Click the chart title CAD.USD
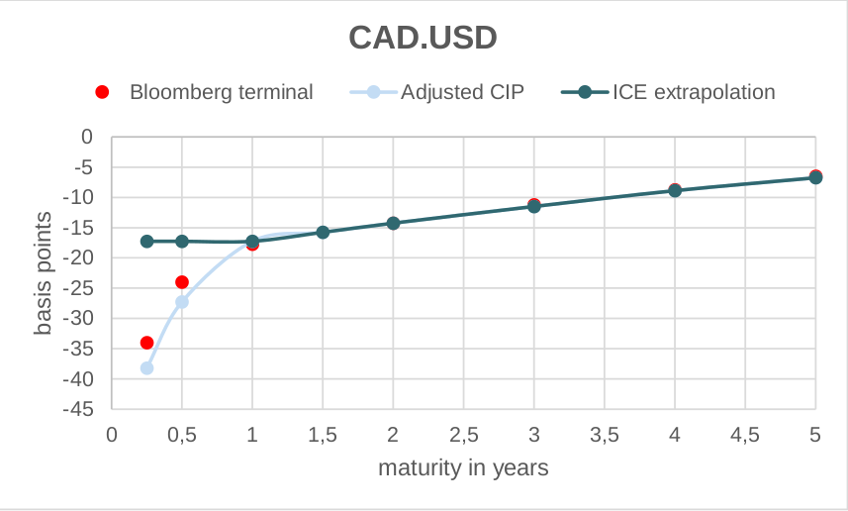423,38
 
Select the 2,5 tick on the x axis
463,434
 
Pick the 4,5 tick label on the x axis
745,434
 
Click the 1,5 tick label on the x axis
323,434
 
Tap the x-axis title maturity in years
463,466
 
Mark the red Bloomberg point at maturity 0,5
182,282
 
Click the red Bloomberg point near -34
146,343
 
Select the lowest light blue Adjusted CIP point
146,368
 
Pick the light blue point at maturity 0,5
182,302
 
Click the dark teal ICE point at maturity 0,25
146,242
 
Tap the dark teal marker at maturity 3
534,206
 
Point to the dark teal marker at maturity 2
393,223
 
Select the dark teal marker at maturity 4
675,190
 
